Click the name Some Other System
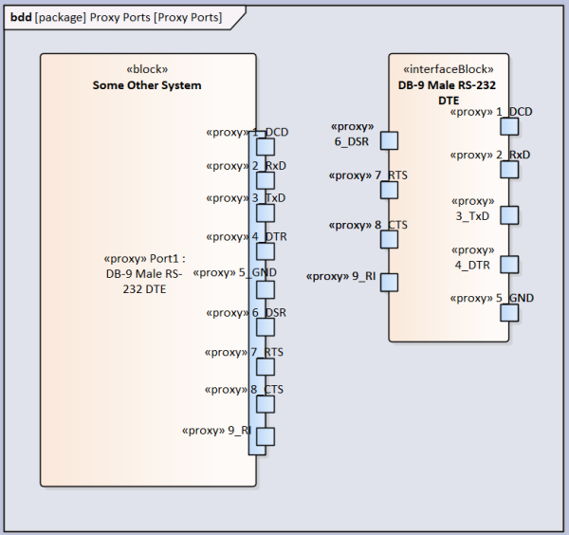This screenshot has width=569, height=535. point(147,85)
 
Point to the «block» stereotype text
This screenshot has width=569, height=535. point(147,69)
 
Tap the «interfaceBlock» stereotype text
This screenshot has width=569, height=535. point(449,69)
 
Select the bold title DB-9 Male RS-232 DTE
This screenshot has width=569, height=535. point(447,93)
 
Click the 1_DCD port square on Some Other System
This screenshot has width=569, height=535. point(266,147)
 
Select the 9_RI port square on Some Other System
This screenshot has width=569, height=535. point(266,436)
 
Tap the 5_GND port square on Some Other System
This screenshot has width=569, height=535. point(266,289)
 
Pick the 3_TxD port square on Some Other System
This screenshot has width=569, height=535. point(266,213)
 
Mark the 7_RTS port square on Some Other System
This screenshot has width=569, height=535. point(266,366)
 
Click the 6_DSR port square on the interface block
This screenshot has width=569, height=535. point(389,140)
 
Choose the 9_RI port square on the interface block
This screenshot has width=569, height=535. point(389,283)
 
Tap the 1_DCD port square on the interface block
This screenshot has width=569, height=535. point(509,127)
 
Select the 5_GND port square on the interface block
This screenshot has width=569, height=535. point(509,313)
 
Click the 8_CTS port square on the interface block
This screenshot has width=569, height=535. point(389,240)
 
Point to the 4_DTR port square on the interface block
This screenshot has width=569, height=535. point(509,265)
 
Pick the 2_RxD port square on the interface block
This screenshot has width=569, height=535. point(509,170)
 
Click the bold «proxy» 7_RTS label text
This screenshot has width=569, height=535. point(368,175)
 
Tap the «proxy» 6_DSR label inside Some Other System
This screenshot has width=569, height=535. point(246,312)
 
